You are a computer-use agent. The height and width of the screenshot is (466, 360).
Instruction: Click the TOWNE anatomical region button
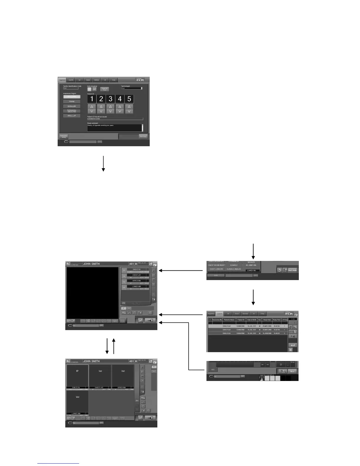click(x=72, y=101)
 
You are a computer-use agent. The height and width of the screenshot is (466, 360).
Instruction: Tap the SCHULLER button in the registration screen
click(x=72, y=106)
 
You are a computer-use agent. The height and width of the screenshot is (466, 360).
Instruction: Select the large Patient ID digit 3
click(x=110, y=99)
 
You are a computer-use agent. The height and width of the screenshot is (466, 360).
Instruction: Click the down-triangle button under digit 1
click(x=92, y=111)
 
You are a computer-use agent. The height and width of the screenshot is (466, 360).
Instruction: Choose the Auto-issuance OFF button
click(x=94, y=89)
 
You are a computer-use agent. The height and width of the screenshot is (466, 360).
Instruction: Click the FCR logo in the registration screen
click(x=141, y=80)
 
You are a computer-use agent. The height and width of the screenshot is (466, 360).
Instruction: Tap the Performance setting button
click(x=64, y=137)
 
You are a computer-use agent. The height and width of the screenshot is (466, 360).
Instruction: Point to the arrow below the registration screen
click(x=103, y=163)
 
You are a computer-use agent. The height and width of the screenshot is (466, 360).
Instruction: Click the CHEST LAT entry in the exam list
click(x=136, y=275)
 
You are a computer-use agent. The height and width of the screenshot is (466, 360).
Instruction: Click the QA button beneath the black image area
click(x=116, y=321)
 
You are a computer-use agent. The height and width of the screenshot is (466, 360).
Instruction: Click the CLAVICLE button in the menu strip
click(x=234, y=265)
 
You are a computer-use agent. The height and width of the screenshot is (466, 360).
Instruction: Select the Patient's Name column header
click(x=229, y=320)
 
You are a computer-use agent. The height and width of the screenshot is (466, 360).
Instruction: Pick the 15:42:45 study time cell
click(x=276, y=326)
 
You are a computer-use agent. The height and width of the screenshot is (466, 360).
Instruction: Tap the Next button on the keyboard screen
click(x=292, y=371)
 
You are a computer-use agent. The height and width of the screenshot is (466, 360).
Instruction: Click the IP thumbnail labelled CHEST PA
click(x=77, y=376)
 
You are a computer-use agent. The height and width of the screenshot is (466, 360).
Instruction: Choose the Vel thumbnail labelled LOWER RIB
click(x=77, y=402)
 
